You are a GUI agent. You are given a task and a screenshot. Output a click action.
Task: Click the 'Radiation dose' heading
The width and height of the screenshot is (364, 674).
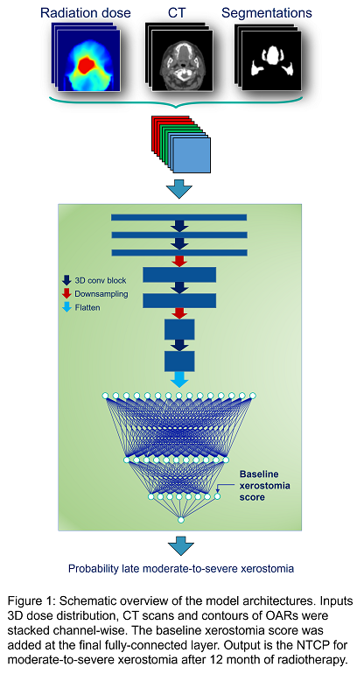tap(86, 13)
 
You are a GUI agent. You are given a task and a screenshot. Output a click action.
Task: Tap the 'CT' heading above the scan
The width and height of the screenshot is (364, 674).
tap(177, 13)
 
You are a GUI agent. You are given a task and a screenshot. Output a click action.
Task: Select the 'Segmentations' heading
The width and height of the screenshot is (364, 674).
tap(267, 13)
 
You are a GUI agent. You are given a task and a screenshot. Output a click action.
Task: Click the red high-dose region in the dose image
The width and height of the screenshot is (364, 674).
tap(87, 65)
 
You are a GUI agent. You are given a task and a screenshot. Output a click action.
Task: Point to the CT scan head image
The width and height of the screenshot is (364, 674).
tap(182, 61)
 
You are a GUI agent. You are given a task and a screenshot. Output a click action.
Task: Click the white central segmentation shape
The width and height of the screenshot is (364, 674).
tap(272, 56)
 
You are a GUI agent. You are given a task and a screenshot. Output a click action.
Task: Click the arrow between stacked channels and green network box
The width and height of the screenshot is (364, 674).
tap(179, 190)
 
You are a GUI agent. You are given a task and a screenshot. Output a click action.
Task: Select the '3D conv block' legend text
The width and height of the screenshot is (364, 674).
tap(101, 280)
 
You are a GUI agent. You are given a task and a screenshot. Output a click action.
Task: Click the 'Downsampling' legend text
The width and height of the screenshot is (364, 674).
tap(101, 294)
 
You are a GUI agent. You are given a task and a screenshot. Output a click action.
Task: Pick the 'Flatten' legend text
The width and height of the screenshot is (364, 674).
tap(87, 308)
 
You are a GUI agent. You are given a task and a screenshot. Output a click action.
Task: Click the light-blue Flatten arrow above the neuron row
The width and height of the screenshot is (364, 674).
tap(179, 380)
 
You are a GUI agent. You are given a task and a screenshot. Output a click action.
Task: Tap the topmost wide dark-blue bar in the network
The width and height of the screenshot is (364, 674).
tap(178, 217)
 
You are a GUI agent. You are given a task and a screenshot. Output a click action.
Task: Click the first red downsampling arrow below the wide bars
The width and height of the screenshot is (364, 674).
tap(179, 262)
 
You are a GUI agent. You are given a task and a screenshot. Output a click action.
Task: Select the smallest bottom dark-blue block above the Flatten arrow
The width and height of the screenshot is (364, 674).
tap(179, 362)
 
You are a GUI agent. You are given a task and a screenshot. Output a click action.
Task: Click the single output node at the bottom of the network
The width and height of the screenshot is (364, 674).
tap(181, 520)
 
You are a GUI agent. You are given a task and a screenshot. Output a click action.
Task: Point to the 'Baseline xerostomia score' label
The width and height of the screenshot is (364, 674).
tap(265, 486)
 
